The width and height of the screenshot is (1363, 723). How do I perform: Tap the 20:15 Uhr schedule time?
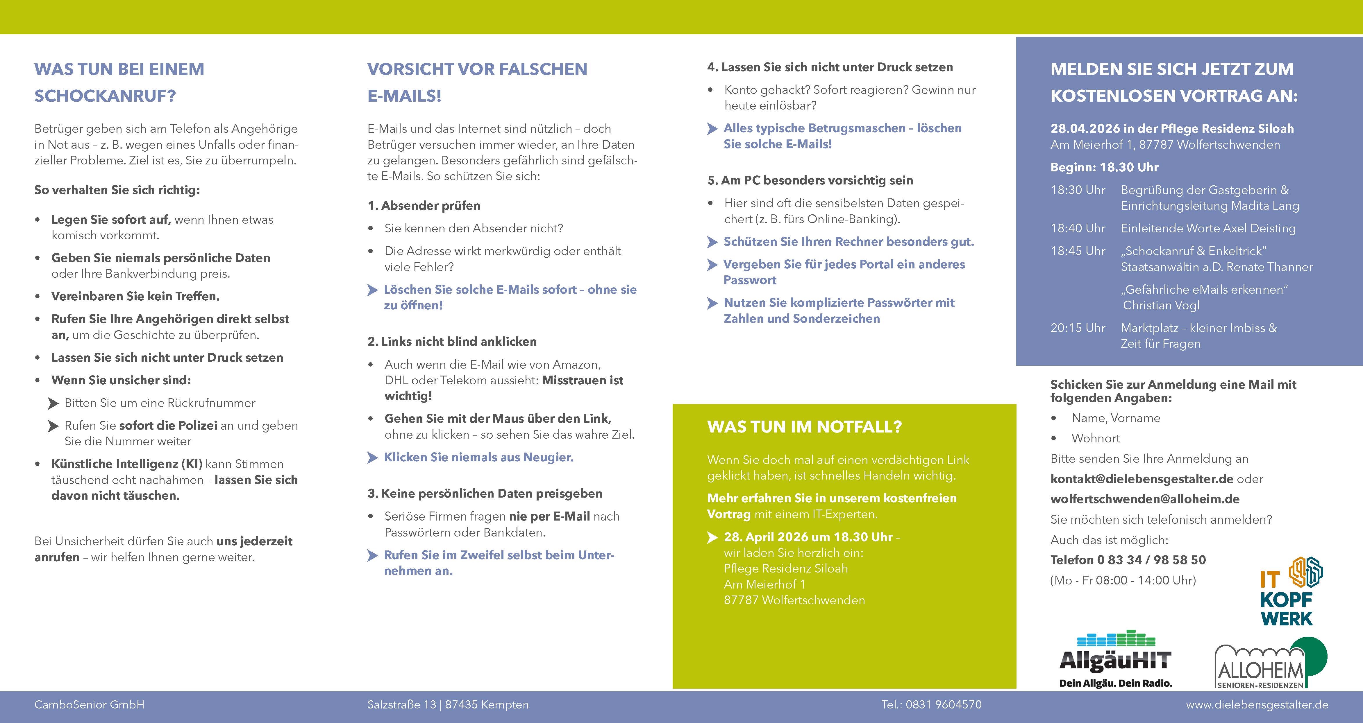[x=1078, y=328]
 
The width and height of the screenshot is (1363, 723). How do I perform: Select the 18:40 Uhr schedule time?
[x=1078, y=229]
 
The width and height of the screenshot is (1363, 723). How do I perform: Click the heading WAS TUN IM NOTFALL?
[x=804, y=427]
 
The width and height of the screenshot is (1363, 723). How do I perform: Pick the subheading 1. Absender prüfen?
[x=424, y=206]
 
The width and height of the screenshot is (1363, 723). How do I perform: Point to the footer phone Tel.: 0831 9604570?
[x=931, y=704]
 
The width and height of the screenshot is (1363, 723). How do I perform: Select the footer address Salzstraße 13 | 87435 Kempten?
[x=448, y=704]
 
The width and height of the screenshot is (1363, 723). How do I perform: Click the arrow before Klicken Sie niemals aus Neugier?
[x=372, y=458]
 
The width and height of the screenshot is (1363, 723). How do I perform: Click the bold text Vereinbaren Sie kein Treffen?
[x=135, y=296]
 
